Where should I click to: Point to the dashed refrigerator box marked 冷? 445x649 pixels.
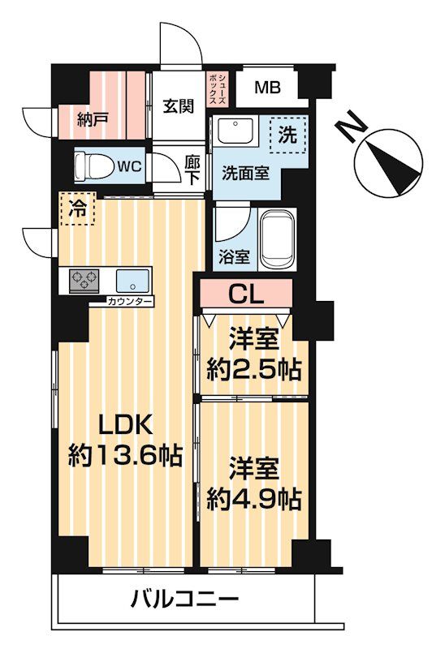click(76, 208)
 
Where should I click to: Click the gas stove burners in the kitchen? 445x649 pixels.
click(84, 282)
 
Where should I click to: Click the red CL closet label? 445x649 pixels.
click(245, 294)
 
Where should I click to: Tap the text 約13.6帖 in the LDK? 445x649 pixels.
click(123, 453)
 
